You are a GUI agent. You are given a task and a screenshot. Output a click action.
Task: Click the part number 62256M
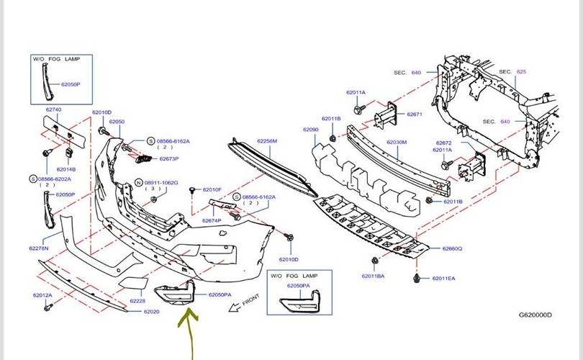tap(267, 141)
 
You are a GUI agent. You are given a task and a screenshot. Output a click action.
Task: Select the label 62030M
tap(397, 143)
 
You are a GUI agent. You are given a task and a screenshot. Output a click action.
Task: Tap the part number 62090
tap(310, 130)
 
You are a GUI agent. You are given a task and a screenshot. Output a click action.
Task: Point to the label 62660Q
tap(452, 248)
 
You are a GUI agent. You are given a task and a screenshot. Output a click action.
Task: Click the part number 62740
tap(54, 109)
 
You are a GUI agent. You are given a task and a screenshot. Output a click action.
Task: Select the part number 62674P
tap(212, 220)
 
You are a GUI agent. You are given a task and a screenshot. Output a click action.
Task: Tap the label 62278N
tap(39, 248)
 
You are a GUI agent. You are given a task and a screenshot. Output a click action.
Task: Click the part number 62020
tap(151, 312)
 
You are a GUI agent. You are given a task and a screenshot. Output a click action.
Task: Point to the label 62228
tap(137, 301)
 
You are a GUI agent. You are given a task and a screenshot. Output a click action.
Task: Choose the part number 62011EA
tap(444, 277)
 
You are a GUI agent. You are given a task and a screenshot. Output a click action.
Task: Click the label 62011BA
tap(373, 276)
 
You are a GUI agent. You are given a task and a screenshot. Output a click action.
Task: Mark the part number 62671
tap(414, 114)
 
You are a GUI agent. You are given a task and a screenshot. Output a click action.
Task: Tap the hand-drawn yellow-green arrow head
tap(189, 312)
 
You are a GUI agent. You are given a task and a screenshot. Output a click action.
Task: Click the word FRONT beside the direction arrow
tap(250, 300)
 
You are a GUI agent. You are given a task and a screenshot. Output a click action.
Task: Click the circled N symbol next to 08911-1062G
tap(139, 183)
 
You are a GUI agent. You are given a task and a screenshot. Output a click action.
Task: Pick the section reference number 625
tap(522, 72)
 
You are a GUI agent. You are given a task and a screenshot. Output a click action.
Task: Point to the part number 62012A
tap(42, 295)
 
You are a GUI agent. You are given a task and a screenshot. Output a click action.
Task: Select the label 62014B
tap(65, 169)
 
